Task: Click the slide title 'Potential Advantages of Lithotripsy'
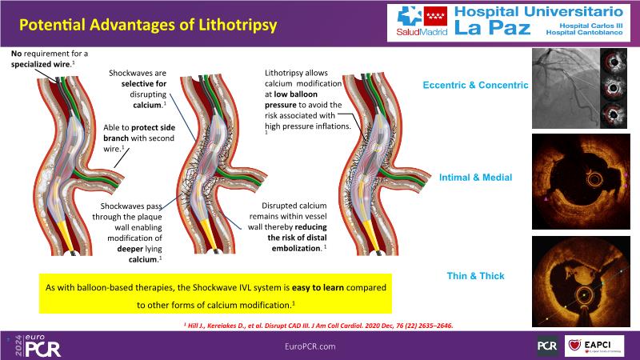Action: point(148,25)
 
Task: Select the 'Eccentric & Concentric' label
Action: point(475,85)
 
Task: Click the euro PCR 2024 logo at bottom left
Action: point(36,345)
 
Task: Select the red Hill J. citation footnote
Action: point(320,323)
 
